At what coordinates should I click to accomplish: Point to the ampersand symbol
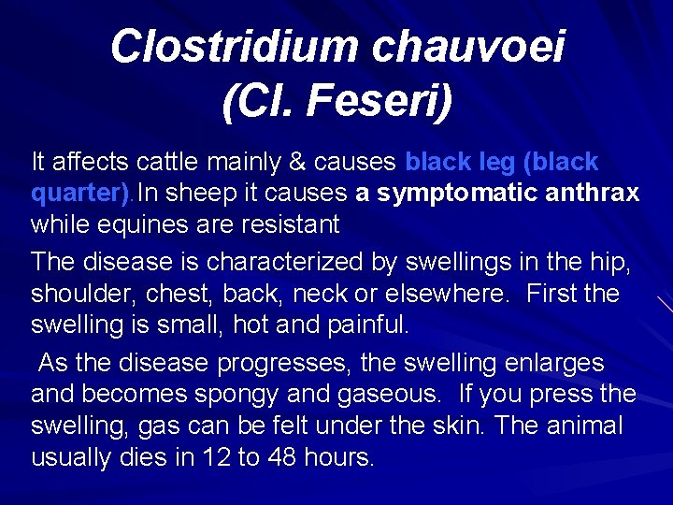point(298,162)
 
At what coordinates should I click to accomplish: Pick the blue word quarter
point(74,194)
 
